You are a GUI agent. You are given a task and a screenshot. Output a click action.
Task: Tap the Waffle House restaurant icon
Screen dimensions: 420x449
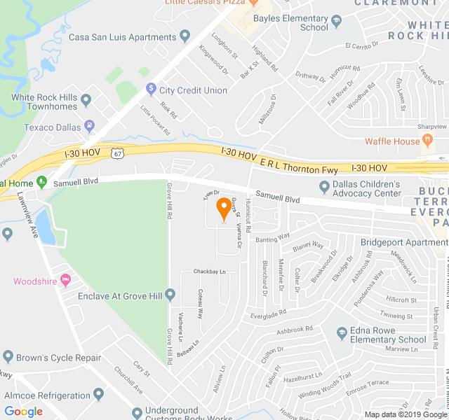426,141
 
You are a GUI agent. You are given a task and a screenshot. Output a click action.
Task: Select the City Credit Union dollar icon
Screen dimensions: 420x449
150,90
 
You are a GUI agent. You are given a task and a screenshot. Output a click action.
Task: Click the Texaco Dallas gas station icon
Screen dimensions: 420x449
90,127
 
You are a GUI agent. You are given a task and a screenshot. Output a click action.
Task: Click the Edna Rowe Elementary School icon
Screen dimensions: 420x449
342,332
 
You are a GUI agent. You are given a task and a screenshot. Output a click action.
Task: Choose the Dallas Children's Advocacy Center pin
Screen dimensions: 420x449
324,187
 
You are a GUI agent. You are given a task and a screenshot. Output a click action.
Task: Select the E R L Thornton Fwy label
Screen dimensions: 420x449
300,169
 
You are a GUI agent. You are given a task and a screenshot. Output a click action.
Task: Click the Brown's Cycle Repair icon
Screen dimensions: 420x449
9,357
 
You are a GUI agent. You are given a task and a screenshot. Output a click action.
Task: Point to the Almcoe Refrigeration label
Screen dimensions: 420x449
48,395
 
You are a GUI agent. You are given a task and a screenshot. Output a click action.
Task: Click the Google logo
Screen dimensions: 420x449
23,412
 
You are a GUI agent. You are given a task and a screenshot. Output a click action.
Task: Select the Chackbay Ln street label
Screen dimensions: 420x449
210,272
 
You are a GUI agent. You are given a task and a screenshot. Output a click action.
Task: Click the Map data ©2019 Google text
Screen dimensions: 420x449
406,414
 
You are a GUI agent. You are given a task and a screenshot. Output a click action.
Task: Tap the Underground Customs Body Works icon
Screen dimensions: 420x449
138,412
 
